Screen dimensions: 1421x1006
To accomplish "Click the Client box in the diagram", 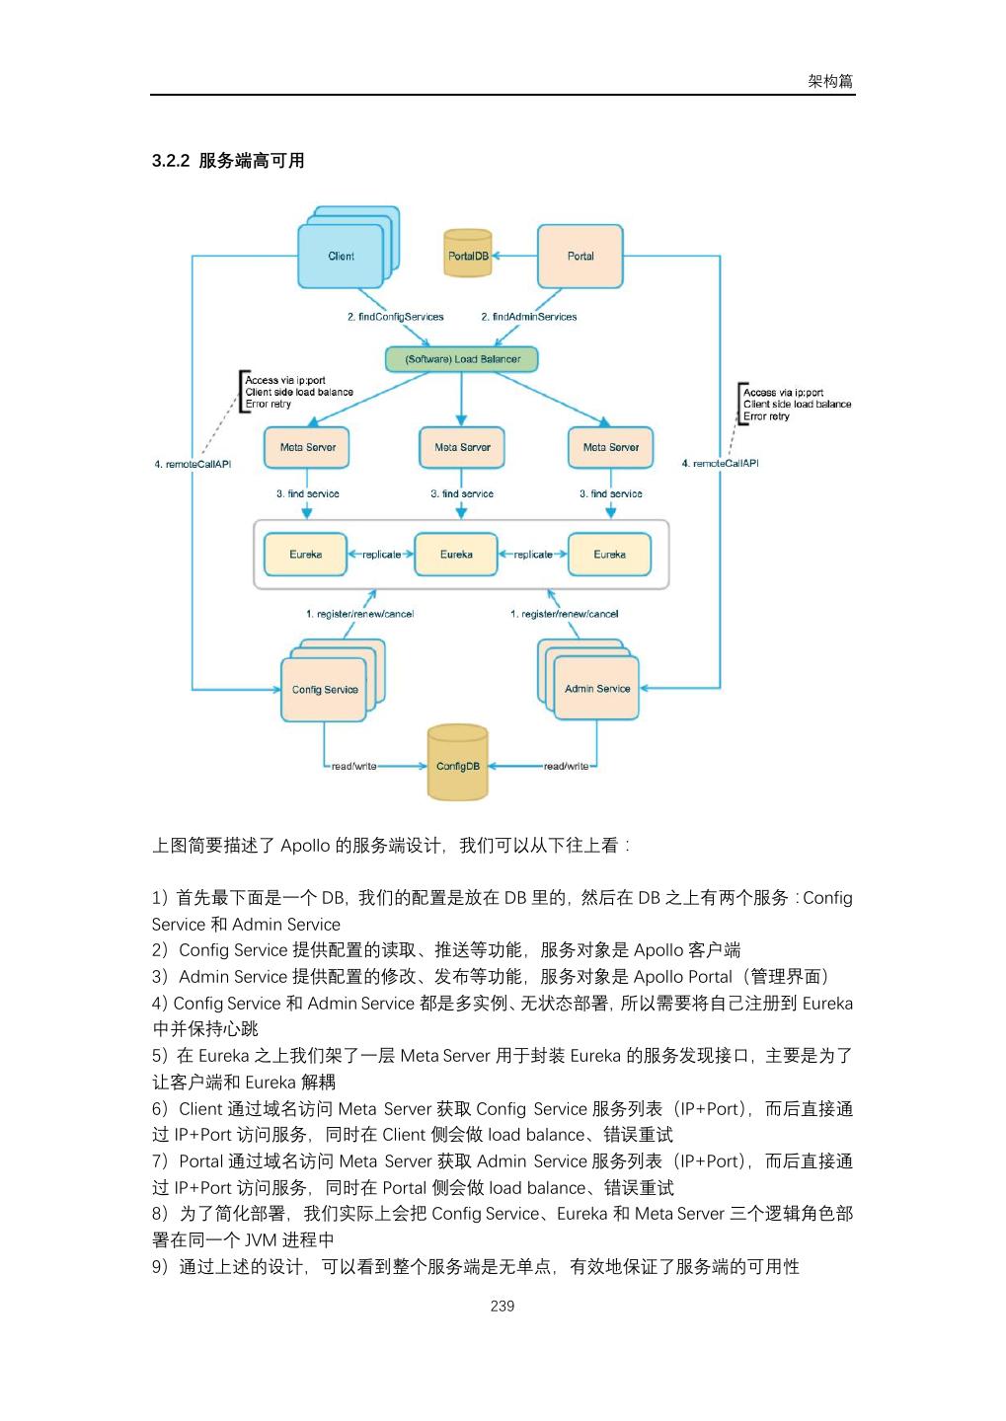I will [x=341, y=257].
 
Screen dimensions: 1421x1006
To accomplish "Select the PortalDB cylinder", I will [x=468, y=255].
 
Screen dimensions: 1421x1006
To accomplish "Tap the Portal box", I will [x=580, y=257].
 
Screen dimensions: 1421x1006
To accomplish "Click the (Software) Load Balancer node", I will [x=462, y=359].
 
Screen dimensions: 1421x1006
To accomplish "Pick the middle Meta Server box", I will [x=462, y=447].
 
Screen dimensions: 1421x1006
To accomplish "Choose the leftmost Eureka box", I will [x=306, y=555].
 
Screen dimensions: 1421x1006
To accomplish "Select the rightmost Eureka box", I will [x=610, y=555].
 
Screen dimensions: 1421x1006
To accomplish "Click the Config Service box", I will [x=325, y=690].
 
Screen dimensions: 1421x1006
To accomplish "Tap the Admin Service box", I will [x=597, y=689].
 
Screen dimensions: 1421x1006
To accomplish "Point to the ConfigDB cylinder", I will [x=458, y=766].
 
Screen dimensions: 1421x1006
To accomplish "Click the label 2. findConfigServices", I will [x=395, y=317].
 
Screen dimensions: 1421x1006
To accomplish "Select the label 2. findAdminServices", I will [x=529, y=317].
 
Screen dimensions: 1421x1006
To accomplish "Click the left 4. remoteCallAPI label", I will [x=193, y=464].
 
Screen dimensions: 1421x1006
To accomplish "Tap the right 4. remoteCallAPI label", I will [x=721, y=463].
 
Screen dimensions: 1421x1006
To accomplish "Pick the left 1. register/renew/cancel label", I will [x=359, y=614].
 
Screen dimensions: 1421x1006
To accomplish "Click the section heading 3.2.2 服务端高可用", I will [x=228, y=161].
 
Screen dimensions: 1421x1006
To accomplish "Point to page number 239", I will [x=503, y=1306].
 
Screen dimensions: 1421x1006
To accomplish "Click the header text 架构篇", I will [x=830, y=81].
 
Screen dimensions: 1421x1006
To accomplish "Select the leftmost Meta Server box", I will [x=308, y=447].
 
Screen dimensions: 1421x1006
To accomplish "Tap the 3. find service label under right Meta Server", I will [x=611, y=493].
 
